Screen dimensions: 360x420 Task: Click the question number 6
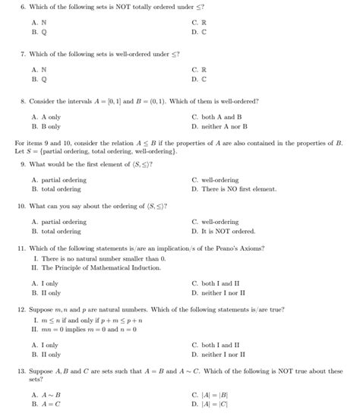(x=22, y=7)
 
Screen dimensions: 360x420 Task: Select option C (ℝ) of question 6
(x=200, y=24)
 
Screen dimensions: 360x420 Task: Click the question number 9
(x=22, y=164)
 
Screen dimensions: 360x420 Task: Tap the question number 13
(x=22, y=371)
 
